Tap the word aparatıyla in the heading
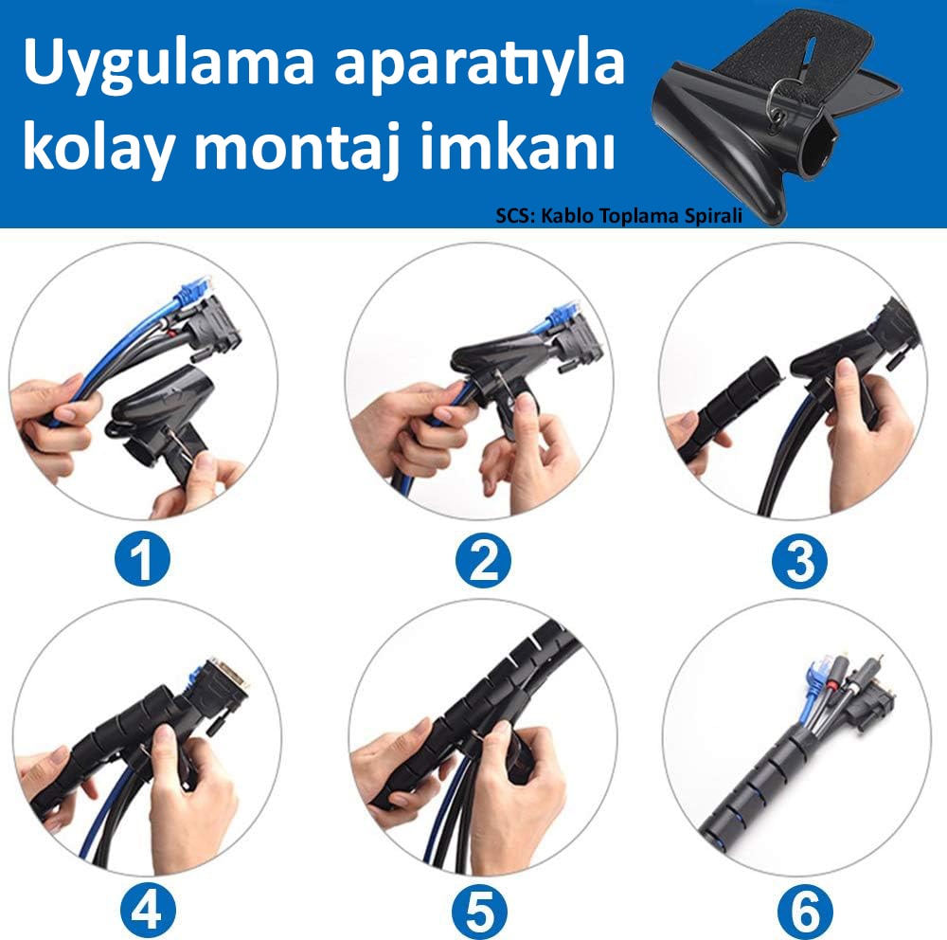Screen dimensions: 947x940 [x=479, y=64]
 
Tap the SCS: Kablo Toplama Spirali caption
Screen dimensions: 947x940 [x=618, y=216]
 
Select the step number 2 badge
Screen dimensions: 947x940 [x=483, y=560]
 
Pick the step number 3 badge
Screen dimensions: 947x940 [x=800, y=562]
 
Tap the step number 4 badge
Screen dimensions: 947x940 [x=148, y=911]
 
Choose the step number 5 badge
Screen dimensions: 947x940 [x=481, y=911]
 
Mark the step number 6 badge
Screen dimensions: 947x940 [x=805, y=911]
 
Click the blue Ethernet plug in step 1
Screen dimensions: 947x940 [x=192, y=291]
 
